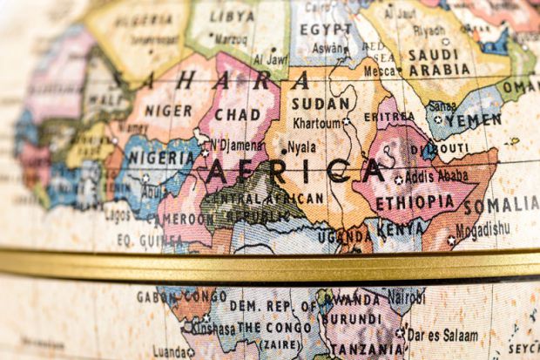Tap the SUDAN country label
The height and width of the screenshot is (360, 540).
(321, 104)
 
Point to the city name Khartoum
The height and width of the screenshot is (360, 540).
(316, 124)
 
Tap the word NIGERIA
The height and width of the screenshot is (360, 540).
(161, 159)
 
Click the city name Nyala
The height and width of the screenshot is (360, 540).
(301, 147)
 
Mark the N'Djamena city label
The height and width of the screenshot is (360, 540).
(235, 145)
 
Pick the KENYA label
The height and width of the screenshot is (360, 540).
(398, 231)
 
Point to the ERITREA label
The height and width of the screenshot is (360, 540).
(388, 117)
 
